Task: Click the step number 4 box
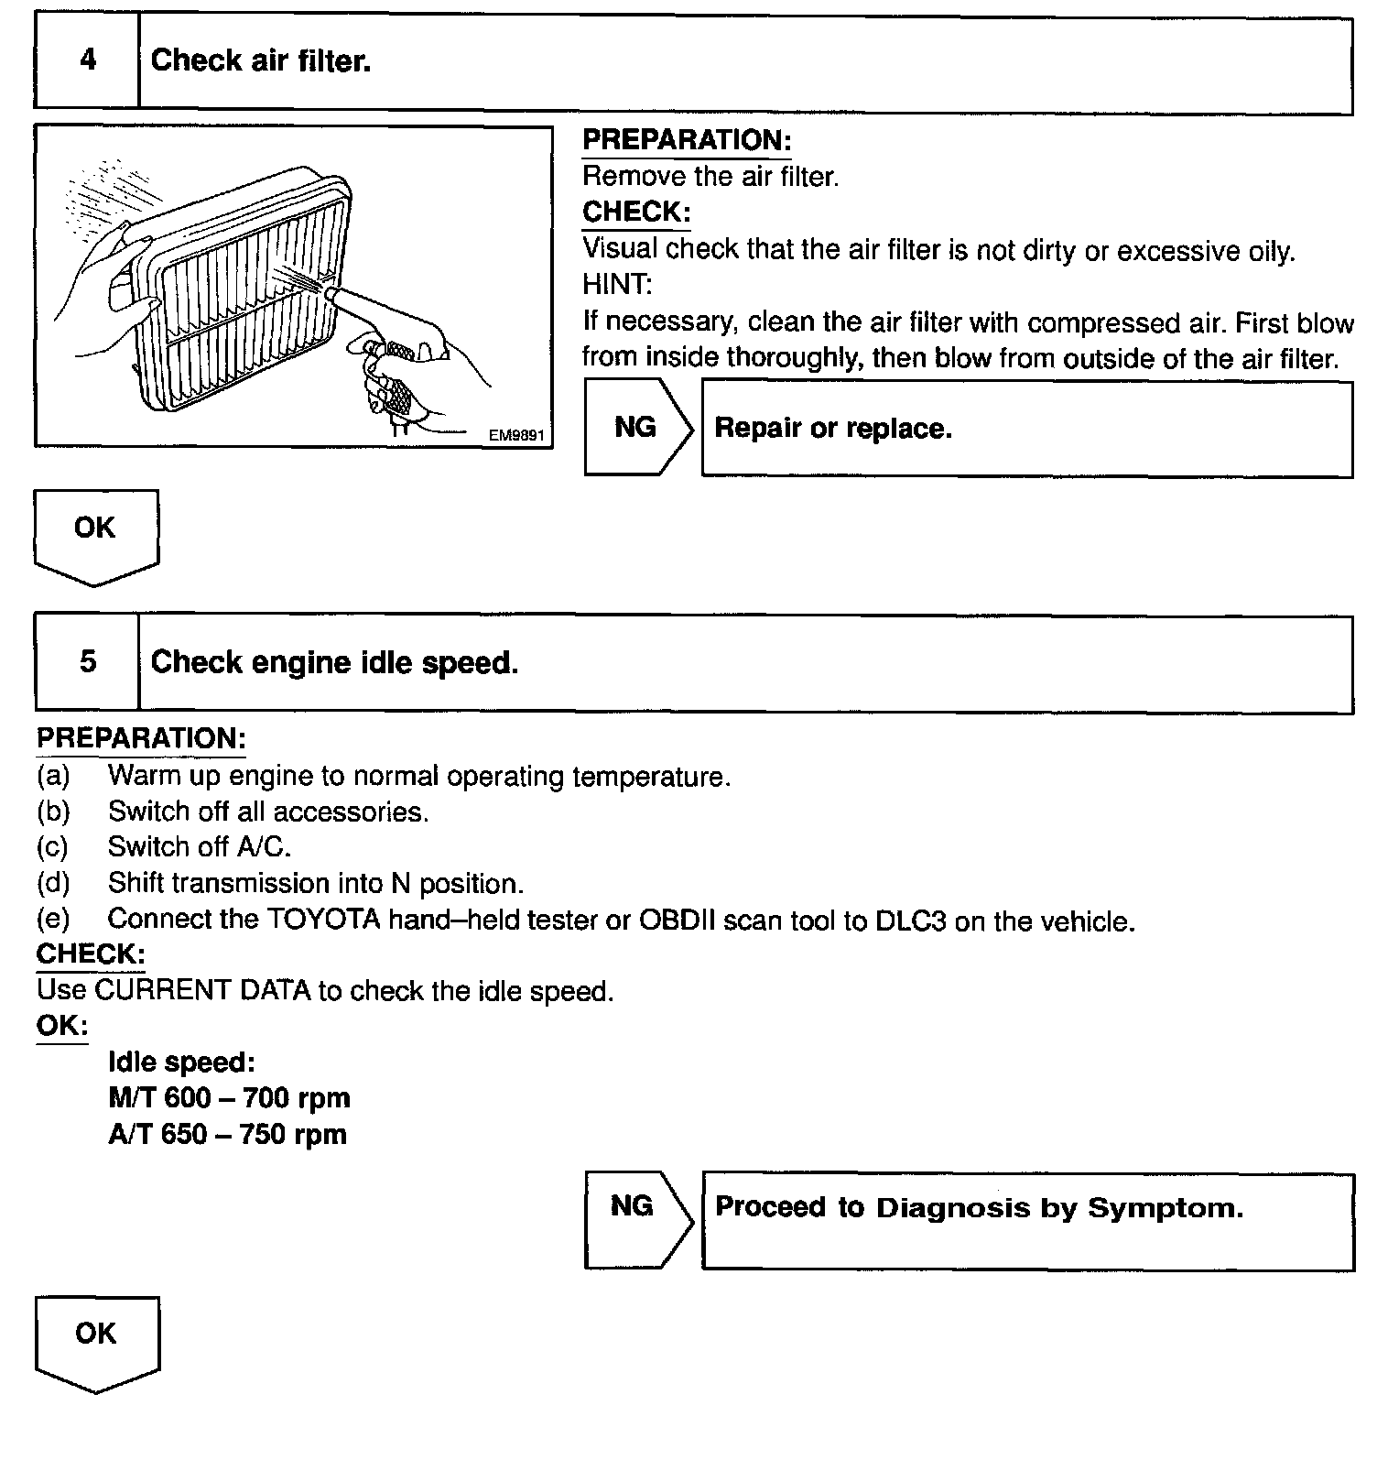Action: (x=87, y=61)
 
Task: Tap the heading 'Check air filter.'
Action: (x=261, y=61)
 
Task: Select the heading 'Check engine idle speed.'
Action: (x=334, y=662)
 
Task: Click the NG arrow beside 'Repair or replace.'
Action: (x=637, y=427)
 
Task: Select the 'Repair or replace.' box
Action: (x=1025, y=429)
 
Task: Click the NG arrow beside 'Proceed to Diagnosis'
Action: (x=635, y=1218)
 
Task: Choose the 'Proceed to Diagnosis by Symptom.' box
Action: (x=1025, y=1218)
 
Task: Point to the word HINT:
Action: (x=617, y=285)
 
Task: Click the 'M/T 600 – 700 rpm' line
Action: (x=229, y=1098)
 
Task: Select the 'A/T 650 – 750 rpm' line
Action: (x=227, y=1135)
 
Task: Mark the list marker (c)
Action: (x=52, y=847)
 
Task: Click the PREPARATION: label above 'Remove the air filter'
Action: (x=687, y=141)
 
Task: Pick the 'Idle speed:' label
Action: (x=181, y=1062)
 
